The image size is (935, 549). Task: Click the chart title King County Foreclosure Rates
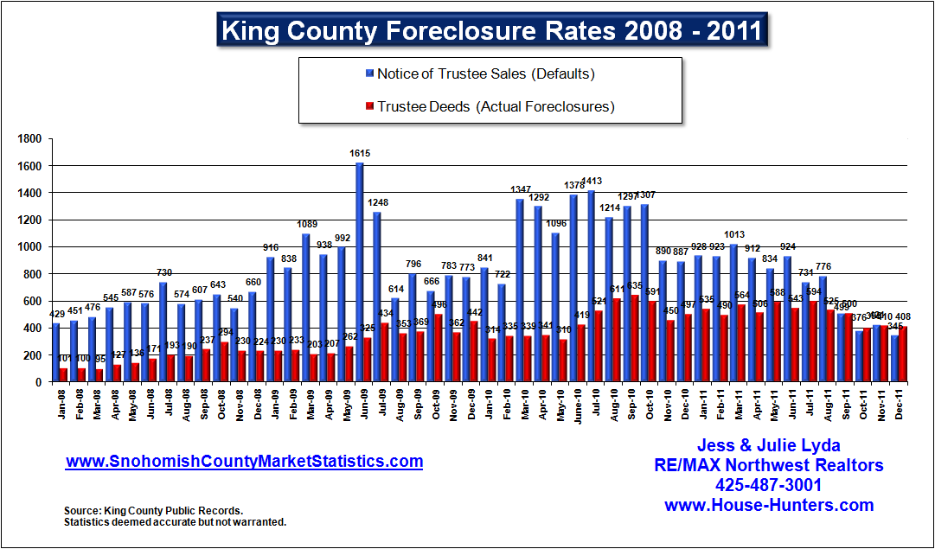pyautogui.click(x=491, y=31)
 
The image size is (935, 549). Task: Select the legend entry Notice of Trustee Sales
pyautogui.click(x=485, y=73)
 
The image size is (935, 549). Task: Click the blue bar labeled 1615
pyautogui.click(x=359, y=271)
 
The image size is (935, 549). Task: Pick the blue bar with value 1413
pyautogui.click(x=591, y=285)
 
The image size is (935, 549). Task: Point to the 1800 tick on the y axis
pyautogui.click(x=31, y=138)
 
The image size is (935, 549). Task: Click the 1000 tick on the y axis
pyautogui.click(x=31, y=246)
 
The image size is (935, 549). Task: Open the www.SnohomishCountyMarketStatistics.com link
pyautogui.click(x=245, y=462)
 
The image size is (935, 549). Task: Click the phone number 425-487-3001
pyautogui.click(x=768, y=485)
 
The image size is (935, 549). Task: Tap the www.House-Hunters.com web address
pyautogui.click(x=768, y=505)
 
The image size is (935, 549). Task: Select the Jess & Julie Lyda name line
pyautogui.click(x=768, y=446)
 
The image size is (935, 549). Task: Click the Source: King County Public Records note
pyautogui.click(x=154, y=511)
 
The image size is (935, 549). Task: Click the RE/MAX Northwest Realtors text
pyautogui.click(x=768, y=466)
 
